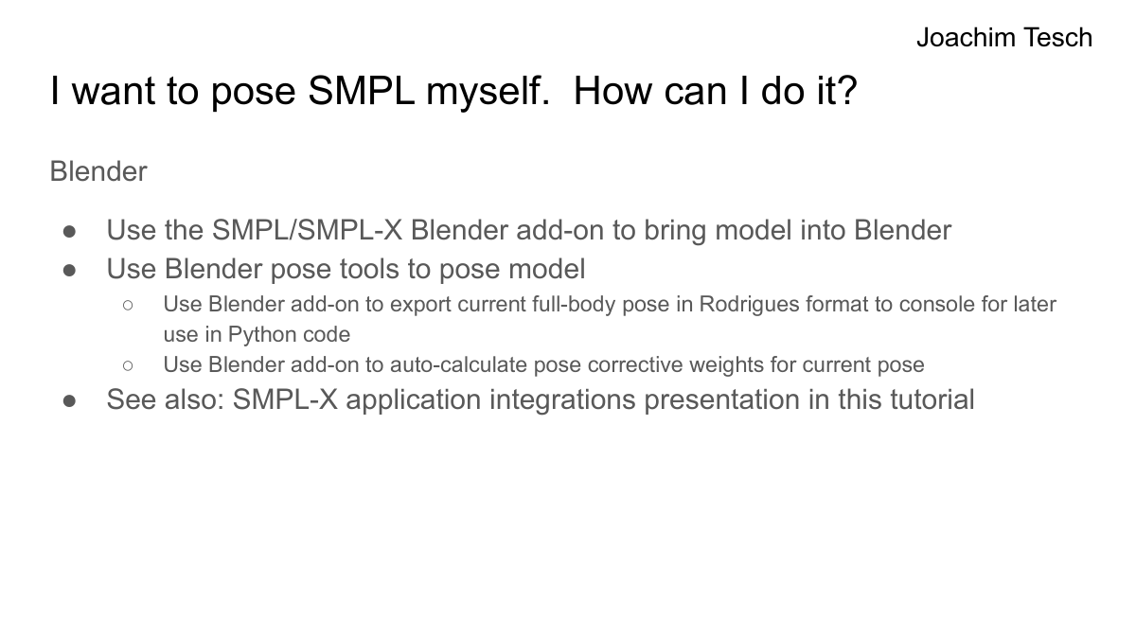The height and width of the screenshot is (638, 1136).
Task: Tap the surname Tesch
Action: (x=1057, y=38)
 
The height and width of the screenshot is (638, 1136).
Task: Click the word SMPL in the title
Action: (x=361, y=91)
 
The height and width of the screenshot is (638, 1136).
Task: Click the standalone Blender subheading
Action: (x=98, y=171)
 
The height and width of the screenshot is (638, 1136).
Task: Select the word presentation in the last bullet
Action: (x=722, y=399)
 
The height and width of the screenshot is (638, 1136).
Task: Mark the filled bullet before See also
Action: (x=70, y=400)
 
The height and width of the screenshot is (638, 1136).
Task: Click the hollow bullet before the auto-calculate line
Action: (x=128, y=365)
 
